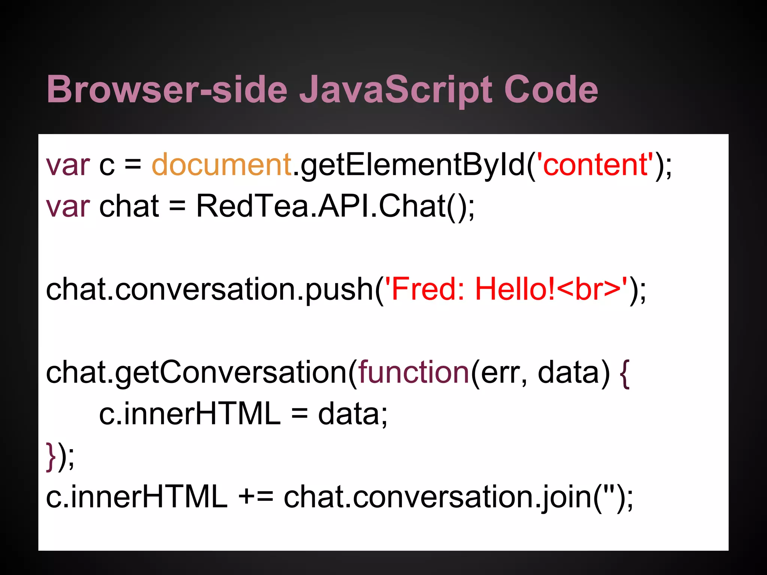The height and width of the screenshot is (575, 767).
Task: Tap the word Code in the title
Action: pos(551,90)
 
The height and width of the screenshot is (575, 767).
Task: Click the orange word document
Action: pos(221,165)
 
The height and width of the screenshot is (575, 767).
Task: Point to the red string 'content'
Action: pos(595,165)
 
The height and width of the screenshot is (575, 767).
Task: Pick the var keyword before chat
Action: pos(68,206)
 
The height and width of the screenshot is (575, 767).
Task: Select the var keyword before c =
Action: pos(68,165)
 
